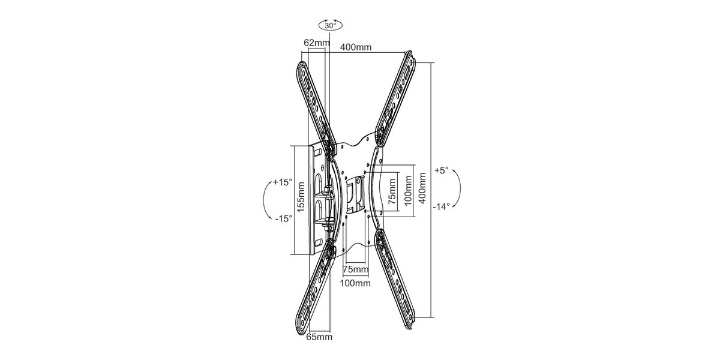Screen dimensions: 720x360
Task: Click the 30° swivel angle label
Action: (x=330, y=26)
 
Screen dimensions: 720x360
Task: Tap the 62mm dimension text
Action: (x=317, y=43)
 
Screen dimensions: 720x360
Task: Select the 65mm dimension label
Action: (x=319, y=337)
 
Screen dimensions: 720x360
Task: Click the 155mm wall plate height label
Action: (x=301, y=197)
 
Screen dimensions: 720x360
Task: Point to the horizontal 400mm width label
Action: (x=356, y=47)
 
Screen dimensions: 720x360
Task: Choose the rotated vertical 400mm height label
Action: (x=422, y=188)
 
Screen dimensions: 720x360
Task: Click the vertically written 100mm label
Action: (x=408, y=191)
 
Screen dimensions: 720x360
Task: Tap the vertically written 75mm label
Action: (x=392, y=192)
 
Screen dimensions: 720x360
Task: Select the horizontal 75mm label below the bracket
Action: (x=355, y=269)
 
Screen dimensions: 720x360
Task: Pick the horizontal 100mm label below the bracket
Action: (x=355, y=283)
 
